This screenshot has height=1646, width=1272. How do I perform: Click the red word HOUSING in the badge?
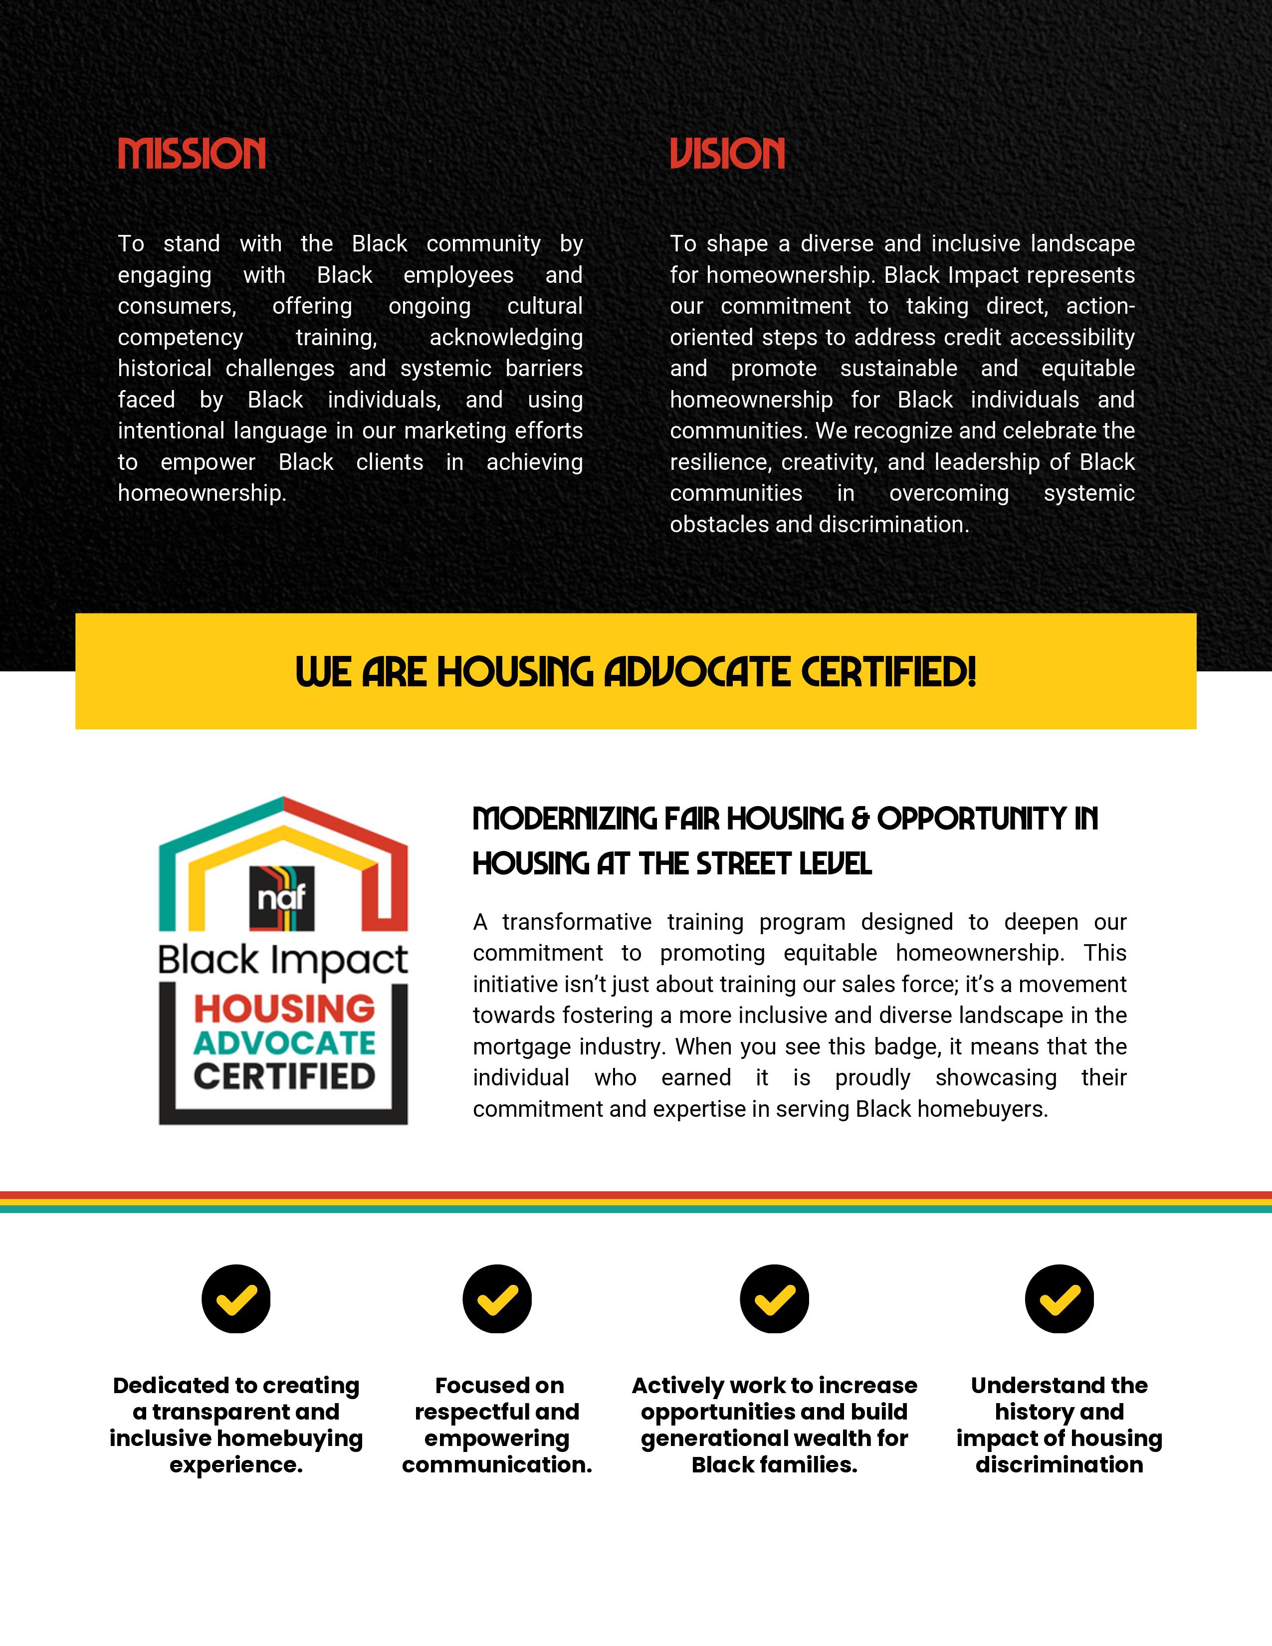284,1009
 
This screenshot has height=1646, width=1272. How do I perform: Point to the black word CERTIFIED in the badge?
284,1077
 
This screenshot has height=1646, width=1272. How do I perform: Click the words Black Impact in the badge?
282,960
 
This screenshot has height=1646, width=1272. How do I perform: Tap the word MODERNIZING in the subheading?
564,819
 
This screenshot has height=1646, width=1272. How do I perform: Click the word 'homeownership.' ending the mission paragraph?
202,493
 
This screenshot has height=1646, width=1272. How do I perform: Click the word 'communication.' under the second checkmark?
497,1464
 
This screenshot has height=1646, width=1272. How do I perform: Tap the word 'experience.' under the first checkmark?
236,1464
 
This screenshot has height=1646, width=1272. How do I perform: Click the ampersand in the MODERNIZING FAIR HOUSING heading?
860,819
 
